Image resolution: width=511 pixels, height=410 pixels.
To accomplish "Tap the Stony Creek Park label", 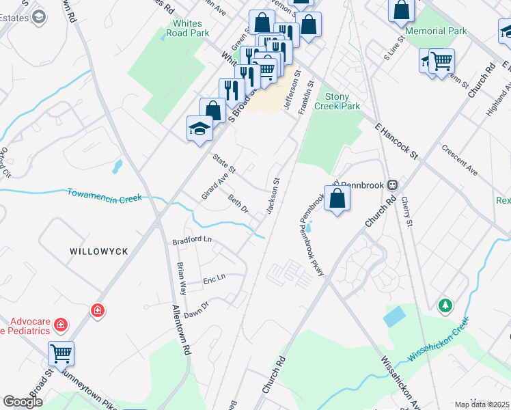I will tap(337, 101).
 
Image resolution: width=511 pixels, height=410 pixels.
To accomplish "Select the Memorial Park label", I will tap(436, 31).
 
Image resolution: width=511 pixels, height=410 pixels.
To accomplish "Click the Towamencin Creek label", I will tap(105, 195).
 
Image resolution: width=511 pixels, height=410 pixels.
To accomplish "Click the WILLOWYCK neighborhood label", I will tap(99, 251).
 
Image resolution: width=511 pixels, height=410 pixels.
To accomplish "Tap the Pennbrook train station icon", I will tap(392, 185).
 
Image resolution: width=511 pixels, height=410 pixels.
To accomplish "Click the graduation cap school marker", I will tap(199, 128).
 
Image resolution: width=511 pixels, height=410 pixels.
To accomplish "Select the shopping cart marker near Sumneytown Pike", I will tap(61, 354).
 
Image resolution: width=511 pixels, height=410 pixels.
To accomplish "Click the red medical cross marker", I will tap(98, 311).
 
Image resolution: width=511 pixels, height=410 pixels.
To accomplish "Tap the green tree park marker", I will tap(445, 305).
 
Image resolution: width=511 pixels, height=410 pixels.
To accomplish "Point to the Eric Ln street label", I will tap(213, 281).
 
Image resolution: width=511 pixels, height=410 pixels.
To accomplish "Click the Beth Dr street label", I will tap(238, 204).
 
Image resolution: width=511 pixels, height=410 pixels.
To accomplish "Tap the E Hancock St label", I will tap(396, 141).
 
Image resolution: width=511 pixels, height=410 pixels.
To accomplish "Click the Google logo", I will tap(23, 402).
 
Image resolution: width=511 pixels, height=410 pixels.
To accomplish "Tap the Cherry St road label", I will tap(407, 212).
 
